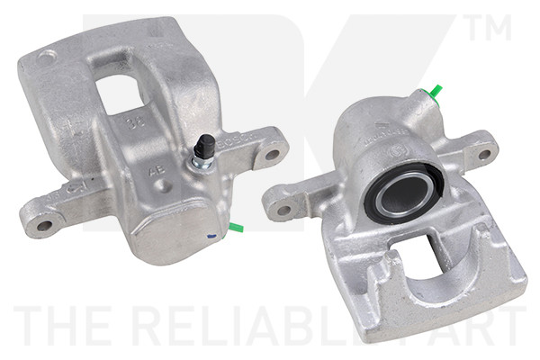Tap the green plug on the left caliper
coord(236,226)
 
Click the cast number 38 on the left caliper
coord(136,124)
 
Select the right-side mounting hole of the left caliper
coord(271,154)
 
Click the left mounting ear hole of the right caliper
coord(283,211)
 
